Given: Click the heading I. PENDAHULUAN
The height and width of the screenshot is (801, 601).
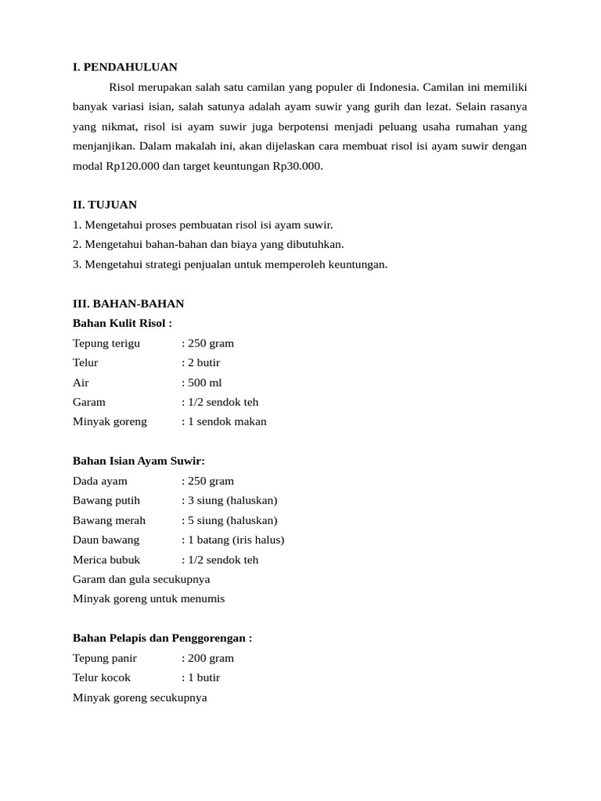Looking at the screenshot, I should pyautogui.click(x=125, y=66).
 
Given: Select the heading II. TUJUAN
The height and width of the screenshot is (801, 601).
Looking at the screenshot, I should pyautogui.click(x=105, y=205).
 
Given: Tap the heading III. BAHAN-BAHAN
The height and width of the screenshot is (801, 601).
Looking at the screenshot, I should pyautogui.click(x=128, y=304).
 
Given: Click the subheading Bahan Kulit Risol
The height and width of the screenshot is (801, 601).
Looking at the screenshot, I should pyautogui.click(x=122, y=323).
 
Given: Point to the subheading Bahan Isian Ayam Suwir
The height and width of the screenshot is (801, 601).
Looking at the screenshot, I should pyautogui.click(x=139, y=461).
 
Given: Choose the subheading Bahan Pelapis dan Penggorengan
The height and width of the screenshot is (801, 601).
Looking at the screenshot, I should pyautogui.click(x=162, y=638).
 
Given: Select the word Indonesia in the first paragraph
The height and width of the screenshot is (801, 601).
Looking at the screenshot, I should pyautogui.click(x=408, y=87).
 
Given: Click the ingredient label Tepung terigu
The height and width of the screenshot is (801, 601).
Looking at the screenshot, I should pyautogui.click(x=106, y=343).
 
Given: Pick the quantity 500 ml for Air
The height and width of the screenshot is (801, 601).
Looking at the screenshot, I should pyautogui.click(x=204, y=383).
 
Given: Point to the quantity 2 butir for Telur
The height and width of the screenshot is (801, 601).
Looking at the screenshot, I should pyautogui.click(x=203, y=363).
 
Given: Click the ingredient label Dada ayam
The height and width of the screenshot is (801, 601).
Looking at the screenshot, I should pyautogui.click(x=100, y=480).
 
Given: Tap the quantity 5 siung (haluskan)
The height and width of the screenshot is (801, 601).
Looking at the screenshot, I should pyautogui.click(x=232, y=520).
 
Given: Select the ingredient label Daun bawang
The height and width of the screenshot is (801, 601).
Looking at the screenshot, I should pyautogui.click(x=106, y=540).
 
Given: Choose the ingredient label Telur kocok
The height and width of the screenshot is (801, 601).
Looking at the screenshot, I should pyautogui.click(x=102, y=677).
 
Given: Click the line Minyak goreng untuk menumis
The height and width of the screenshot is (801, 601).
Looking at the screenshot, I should pyautogui.click(x=149, y=598).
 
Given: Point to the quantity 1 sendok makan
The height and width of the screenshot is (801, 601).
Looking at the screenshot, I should pyautogui.click(x=227, y=422).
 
